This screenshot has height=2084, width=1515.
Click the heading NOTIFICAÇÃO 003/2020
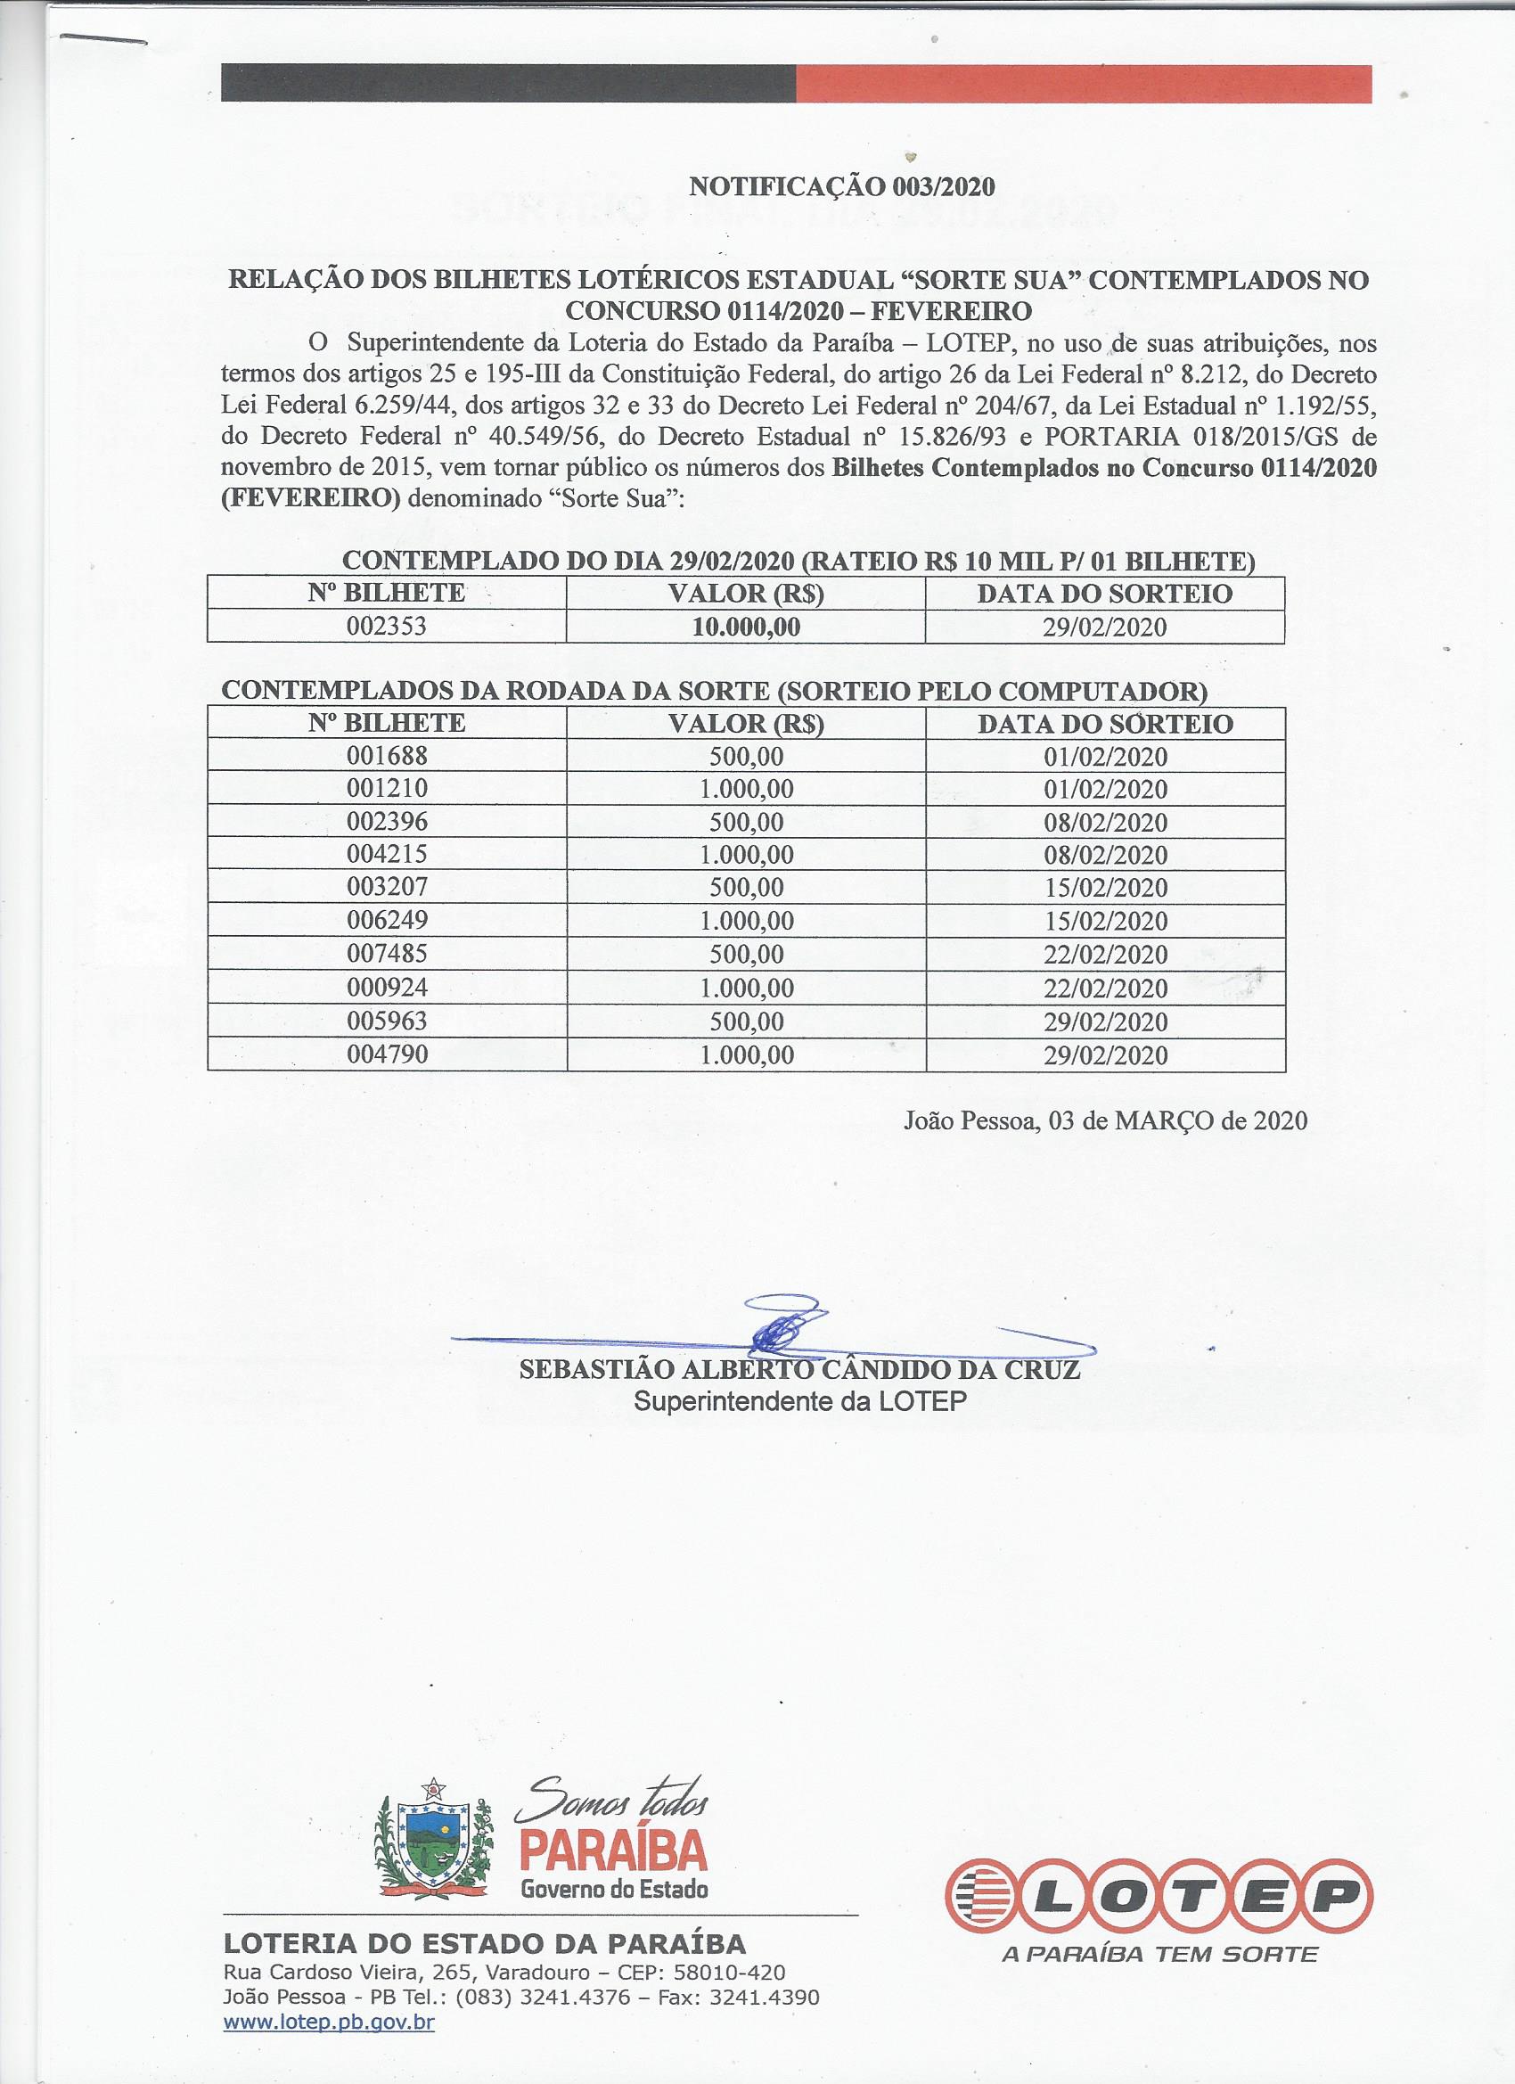[x=841, y=186]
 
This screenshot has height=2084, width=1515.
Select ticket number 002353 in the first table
[x=387, y=627]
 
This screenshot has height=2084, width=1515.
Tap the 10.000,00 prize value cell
[x=746, y=628]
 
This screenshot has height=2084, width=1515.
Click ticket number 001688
[x=387, y=756]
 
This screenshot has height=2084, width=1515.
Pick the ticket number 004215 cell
[x=387, y=855]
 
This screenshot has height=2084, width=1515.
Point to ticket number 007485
[x=387, y=954]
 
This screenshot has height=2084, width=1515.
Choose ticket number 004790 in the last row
[x=387, y=1054]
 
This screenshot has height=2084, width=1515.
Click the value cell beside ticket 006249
[x=746, y=921]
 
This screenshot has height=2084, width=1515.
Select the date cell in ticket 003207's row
[x=1105, y=888]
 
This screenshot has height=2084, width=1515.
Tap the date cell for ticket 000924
[x=1105, y=988]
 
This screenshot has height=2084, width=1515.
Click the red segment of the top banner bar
[x=1084, y=84]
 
